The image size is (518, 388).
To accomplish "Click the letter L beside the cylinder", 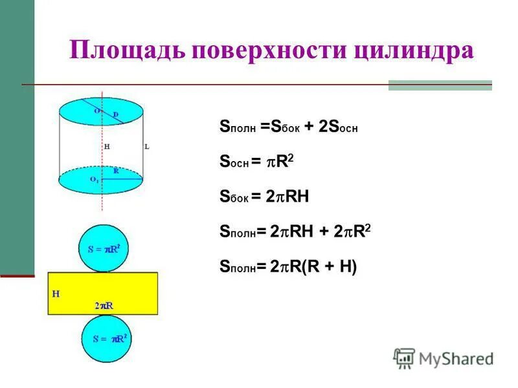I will pyautogui.click(x=146, y=147).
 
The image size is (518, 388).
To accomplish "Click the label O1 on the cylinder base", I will pyautogui.click(x=95, y=179).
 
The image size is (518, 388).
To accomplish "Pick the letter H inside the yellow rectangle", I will pyautogui.click(x=56, y=293).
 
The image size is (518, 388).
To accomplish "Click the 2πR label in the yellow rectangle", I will pyautogui.click(x=104, y=304).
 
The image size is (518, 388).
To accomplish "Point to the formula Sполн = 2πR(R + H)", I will pyautogui.click(x=288, y=266).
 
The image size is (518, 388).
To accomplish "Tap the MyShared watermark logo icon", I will pyautogui.click(x=404, y=358).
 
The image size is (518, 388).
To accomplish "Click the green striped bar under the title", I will pyautogui.click(x=440, y=85).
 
